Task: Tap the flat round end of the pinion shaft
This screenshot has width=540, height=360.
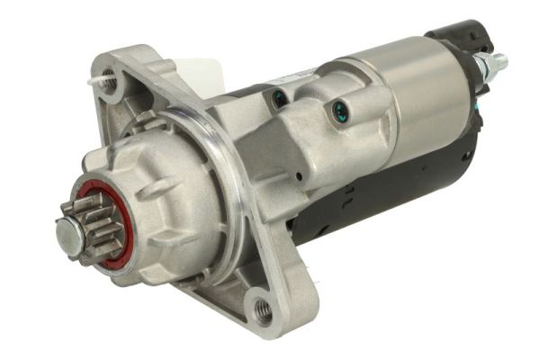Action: point(67,232)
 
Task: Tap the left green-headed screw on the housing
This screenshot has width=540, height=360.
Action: point(280,97)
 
